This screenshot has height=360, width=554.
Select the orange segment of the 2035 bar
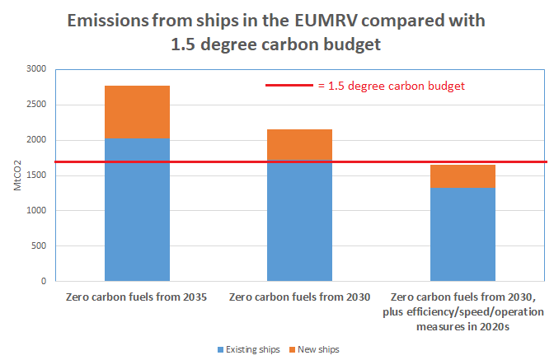[x=137, y=112]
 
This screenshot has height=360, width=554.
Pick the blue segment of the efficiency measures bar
[x=462, y=234]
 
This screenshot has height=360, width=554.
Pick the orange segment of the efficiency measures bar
[x=462, y=175]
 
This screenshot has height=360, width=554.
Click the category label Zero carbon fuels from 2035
[x=137, y=297]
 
